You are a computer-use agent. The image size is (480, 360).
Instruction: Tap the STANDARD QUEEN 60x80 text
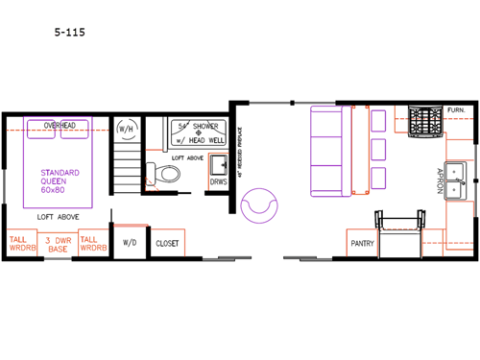point(60,181)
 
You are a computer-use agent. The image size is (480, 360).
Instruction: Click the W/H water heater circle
point(126,129)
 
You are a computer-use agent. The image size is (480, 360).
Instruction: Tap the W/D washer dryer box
point(130,244)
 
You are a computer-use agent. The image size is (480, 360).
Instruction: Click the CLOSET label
point(167,244)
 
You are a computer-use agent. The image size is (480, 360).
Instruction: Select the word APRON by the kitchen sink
point(439,180)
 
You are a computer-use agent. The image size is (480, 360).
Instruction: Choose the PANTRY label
point(362,243)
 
